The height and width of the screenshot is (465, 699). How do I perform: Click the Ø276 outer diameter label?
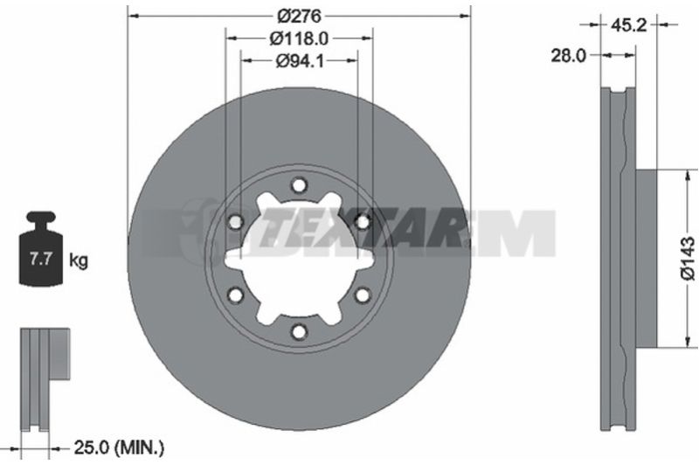coord(299,16)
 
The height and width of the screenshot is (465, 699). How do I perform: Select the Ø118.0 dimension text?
coord(299,38)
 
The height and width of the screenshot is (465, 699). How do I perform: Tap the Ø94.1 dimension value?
coord(300,60)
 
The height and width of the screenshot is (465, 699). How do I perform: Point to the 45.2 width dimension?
coord(628,24)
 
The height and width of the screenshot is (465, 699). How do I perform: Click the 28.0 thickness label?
coord(569,56)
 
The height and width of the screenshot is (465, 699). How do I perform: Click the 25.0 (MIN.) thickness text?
coord(119,448)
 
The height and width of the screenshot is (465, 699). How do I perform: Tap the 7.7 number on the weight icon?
coord(41,259)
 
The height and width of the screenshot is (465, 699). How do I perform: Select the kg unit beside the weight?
coord(79,260)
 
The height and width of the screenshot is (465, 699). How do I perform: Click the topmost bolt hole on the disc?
coord(299,184)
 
